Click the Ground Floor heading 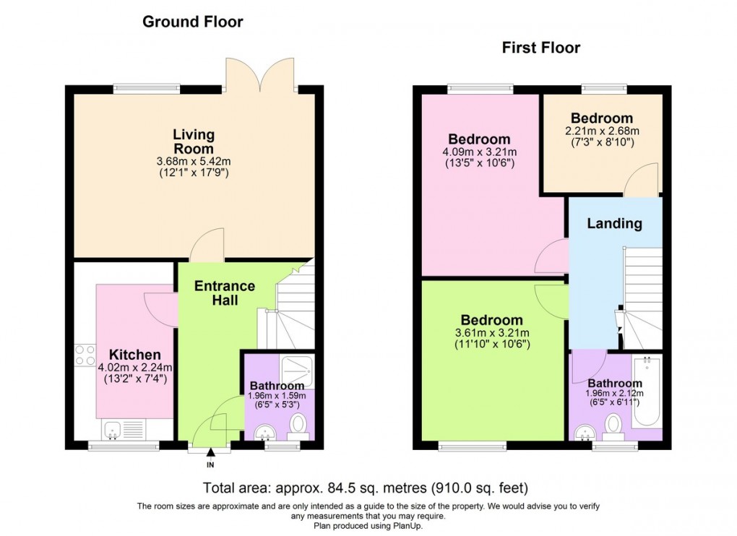pyautogui.click(x=192, y=22)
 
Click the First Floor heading pyautogui.click(x=540, y=48)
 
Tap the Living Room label pyautogui.click(x=194, y=141)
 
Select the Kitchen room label pyautogui.click(x=134, y=355)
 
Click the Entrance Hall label pyautogui.click(x=225, y=293)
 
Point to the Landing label pyautogui.click(x=614, y=223)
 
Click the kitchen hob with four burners pyautogui.click(x=85, y=355)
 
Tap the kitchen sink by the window pyautogui.click(x=112, y=431)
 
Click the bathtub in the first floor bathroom pyautogui.click(x=647, y=390)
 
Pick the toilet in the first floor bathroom pyautogui.click(x=614, y=425)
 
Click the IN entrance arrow pyautogui.click(x=211, y=454)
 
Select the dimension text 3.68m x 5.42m pyautogui.click(x=194, y=160)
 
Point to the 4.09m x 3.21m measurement pyautogui.click(x=479, y=152)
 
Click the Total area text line pyautogui.click(x=371, y=488)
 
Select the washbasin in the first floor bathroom pyautogui.click(x=585, y=432)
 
